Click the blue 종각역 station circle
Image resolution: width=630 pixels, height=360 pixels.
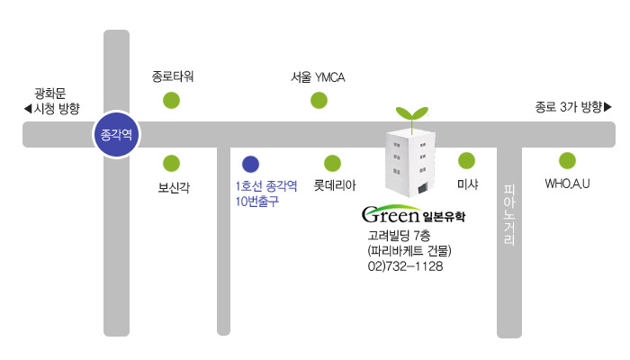(116, 134)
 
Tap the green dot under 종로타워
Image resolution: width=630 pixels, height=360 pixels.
(172, 101)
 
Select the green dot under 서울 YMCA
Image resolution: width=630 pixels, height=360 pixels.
(319, 101)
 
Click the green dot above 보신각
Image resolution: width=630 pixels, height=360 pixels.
(172, 164)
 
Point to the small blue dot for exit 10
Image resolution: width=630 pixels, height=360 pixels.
(251, 165)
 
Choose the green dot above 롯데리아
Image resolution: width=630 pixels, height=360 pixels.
(333, 164)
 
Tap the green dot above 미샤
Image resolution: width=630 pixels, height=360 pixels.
(467, 161)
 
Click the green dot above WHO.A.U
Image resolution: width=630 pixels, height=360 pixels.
(567, 161)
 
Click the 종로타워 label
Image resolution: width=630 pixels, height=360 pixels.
(173, 76)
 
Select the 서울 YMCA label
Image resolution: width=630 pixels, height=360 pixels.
(318, 77)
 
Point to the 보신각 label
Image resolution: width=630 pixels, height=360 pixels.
(174, 187)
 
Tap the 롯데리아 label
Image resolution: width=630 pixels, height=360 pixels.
(335, 185)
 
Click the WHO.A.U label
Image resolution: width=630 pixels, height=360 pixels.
(567, 184)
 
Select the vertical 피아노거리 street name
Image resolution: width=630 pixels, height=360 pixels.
(509, 215)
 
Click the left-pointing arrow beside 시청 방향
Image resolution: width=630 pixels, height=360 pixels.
(28, 109)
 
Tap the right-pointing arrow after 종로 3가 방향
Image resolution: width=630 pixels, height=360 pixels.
(607, 107)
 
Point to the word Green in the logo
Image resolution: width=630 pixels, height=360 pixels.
(391, 214)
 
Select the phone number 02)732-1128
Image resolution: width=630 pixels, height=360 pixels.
(405, 266)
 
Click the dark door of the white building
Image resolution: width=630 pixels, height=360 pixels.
(422, 188)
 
